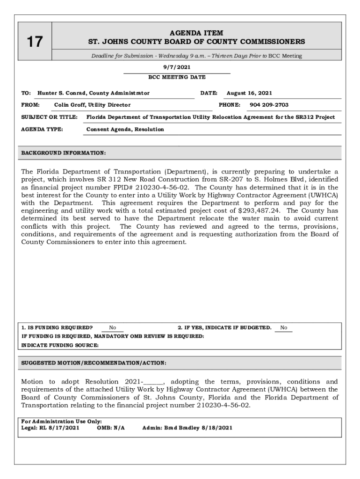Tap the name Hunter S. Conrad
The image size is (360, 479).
[63, 93]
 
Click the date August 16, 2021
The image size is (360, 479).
[249, 93]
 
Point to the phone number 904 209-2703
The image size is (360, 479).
[269, 105]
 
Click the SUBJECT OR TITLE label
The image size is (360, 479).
[50, 117]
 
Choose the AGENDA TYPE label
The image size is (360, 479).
[43, 129]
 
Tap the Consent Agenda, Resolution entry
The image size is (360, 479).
[125, 129]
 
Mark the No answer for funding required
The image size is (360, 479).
[113, 328]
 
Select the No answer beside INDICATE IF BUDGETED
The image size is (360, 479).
[284, 328]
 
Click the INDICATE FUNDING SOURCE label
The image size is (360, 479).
[60, 345]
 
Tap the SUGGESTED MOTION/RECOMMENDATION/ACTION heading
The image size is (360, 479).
[94, 363]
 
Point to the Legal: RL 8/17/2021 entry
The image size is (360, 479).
[50, 428]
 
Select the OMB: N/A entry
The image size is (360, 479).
[111, 428]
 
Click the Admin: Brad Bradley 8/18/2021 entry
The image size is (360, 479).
[187, 428]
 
